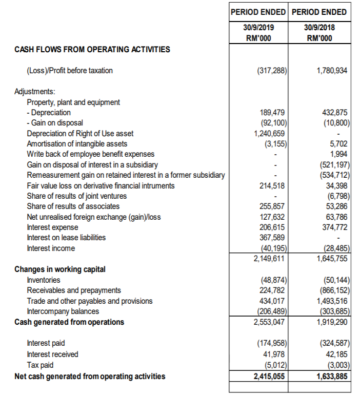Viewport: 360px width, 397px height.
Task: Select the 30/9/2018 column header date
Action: coord(318,27)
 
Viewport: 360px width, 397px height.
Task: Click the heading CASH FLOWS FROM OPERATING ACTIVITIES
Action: coord(92,50)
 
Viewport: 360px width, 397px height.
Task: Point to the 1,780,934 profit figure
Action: coord(333,70)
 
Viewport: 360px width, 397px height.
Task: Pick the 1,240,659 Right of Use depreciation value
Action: coord(270,133)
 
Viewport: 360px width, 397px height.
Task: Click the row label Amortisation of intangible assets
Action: coord(77,144)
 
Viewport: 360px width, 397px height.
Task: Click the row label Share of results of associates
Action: coord(73,206)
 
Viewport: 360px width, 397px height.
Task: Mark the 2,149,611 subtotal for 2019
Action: coord(270,259)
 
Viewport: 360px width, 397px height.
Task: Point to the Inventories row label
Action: coord(44,280)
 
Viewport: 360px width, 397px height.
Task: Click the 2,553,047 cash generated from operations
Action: coord(270,322)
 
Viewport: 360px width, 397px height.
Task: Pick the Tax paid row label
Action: coord(39,366)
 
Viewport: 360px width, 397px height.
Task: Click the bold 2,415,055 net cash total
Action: coord(269,377)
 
